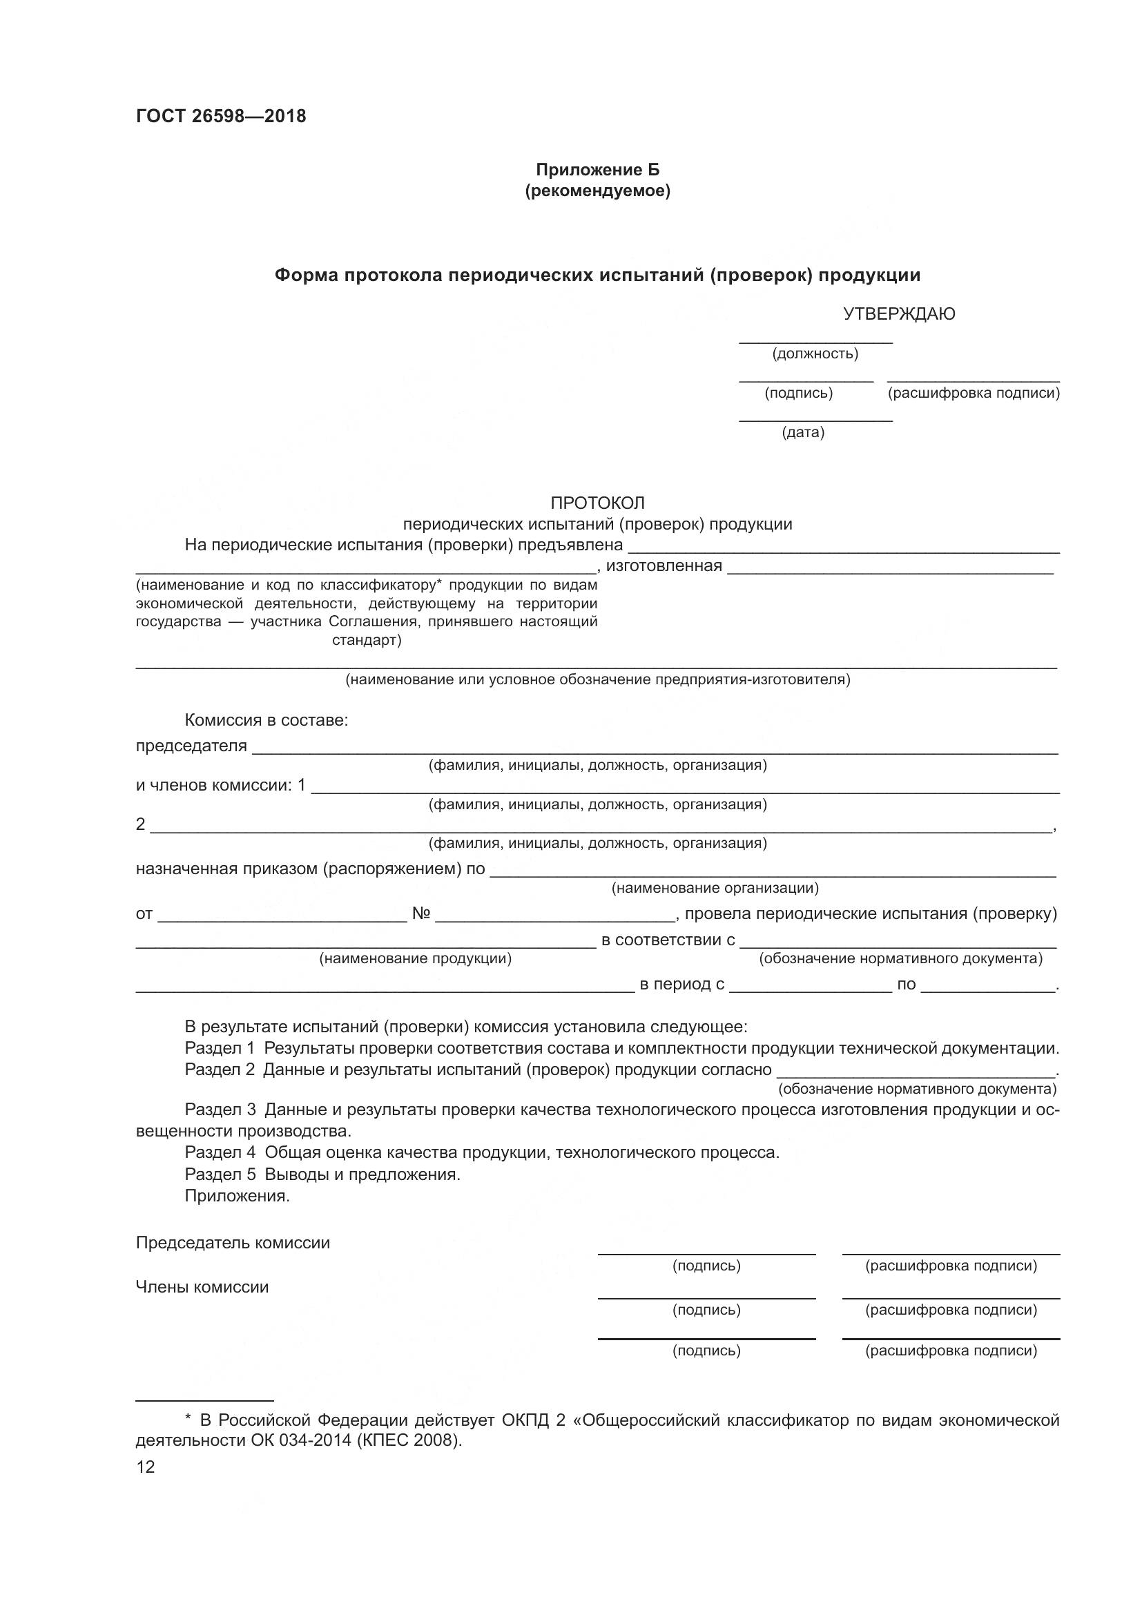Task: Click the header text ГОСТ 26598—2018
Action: pos(221,117)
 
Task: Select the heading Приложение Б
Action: pos(598,171)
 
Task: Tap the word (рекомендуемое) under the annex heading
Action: pos(598,191)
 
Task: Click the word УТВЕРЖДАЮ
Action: pos(899,314)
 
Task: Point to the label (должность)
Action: pos(815,354)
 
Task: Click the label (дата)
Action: pos(803,433)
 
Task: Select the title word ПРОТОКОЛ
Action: pos(598,503)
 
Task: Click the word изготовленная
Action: pos(664,566)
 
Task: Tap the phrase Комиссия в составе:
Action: pos(267,720)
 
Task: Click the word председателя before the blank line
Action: pos(191,746)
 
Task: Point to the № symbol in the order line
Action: pos(421,913)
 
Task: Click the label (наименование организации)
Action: pos(715,889)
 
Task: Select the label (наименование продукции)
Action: pos(416,959)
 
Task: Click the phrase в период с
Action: pos(681,985)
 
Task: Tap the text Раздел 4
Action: pos(220,1153)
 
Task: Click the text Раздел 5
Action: pos(220,1174)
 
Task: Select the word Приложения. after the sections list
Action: pos(237,1196)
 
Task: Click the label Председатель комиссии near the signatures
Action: pos(233,1243)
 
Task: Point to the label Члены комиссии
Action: pos(202,1287)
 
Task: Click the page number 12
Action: pos(145,1467)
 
